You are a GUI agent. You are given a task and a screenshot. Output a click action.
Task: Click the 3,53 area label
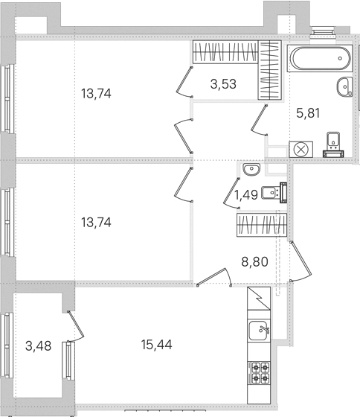[223, 84]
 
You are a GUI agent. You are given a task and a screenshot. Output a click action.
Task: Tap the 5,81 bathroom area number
[308, 113]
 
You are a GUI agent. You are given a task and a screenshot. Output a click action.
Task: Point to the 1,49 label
[245, 195]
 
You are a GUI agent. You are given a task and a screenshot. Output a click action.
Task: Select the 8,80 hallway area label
[255, 261]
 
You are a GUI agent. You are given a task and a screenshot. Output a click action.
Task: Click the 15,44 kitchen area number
[157, 345]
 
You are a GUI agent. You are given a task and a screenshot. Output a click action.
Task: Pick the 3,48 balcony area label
[39, 346]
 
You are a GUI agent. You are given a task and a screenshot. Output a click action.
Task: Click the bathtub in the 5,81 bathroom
[321, 58]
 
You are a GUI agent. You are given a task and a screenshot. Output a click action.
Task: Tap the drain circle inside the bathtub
[341, 59]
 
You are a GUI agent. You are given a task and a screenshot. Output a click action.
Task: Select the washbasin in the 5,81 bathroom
[345, 86]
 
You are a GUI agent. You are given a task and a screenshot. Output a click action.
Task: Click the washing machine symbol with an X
[300, 150]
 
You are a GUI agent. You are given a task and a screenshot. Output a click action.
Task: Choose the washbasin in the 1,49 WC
[251, 170]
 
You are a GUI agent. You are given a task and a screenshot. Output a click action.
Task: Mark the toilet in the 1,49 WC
[274, 193]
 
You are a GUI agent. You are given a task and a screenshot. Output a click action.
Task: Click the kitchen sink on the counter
[259, 330]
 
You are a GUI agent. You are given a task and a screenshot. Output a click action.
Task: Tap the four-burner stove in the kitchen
[259, 372]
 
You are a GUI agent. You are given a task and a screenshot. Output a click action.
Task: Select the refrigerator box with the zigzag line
[259, 299]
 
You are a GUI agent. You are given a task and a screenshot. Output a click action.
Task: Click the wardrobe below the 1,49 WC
[262, 225]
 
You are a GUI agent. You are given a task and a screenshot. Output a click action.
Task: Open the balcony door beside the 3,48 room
[77, 326]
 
